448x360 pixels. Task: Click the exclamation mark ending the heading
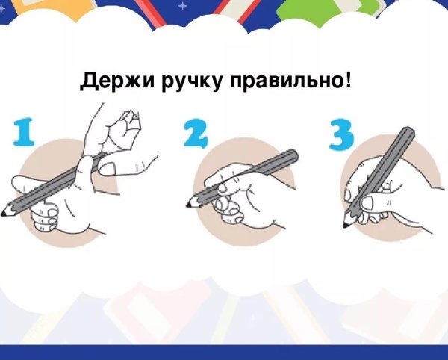coord(348,79)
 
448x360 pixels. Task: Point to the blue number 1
coord(24,132)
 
